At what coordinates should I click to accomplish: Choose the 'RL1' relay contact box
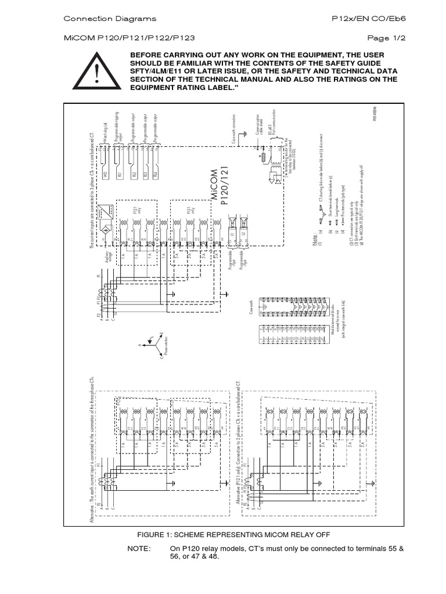(119, 173)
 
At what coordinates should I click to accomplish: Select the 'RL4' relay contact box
(155, 173)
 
